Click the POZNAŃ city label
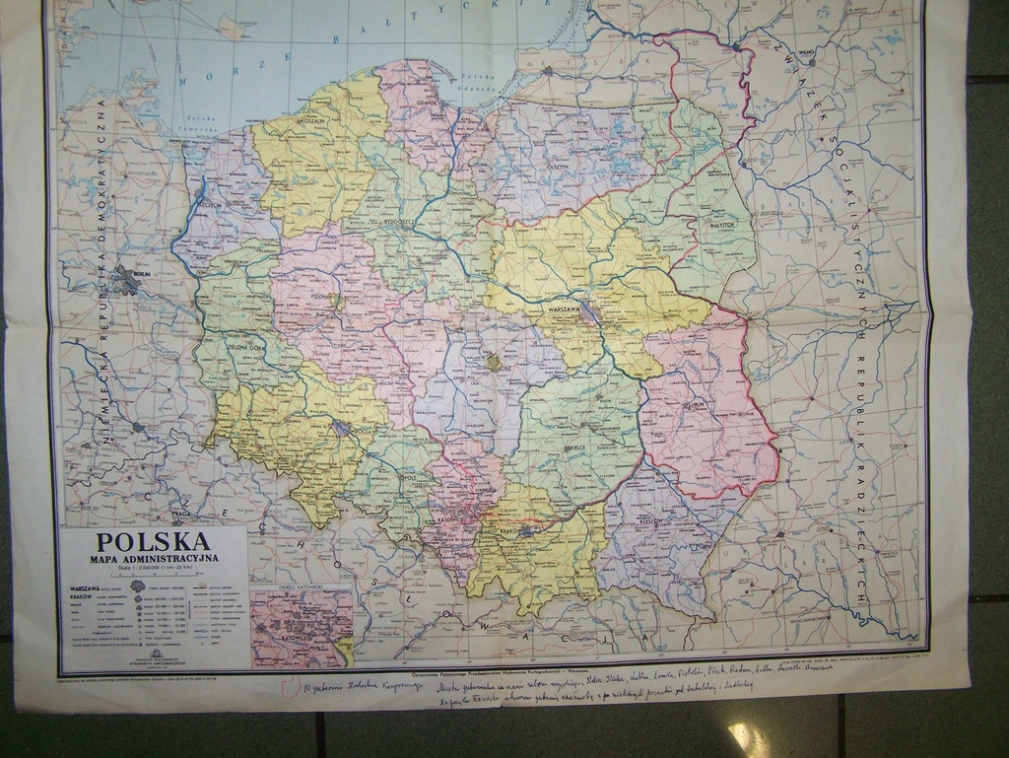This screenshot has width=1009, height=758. [x=322, y=293]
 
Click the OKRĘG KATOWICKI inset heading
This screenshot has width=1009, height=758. [x=302, y=590]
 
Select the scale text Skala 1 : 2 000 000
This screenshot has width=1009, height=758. [x=152, y=571]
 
